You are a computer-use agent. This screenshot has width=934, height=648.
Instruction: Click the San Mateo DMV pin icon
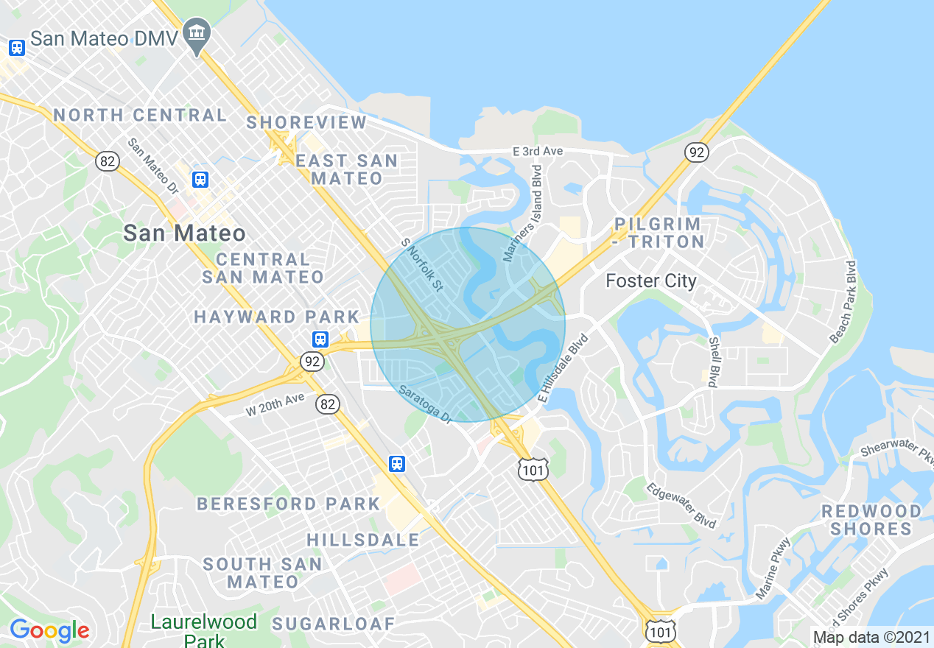(196, 34)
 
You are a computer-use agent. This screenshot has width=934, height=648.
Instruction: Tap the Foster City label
(650, 281)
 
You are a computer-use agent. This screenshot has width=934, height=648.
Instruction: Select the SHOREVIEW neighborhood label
(306, 122)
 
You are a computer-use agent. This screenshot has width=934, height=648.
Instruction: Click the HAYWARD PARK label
(276, 317)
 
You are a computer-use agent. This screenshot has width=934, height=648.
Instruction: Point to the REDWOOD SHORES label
(871, 520)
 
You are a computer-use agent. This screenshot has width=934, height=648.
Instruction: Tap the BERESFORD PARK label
(288, 504)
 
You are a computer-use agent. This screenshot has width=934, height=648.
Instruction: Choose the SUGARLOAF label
(333, 624)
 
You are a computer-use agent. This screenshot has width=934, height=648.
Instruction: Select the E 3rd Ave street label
(538, 151)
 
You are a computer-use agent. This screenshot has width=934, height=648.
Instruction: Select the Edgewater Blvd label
(681, 506)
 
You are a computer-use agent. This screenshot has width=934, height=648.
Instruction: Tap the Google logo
(49, 630)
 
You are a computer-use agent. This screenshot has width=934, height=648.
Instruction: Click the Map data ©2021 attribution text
(870, 637)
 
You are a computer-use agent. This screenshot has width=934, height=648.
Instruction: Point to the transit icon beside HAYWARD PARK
(320, 339)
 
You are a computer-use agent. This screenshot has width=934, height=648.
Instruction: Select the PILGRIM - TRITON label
(658, 232)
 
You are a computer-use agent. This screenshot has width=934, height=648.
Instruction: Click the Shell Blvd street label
(713, 362)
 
